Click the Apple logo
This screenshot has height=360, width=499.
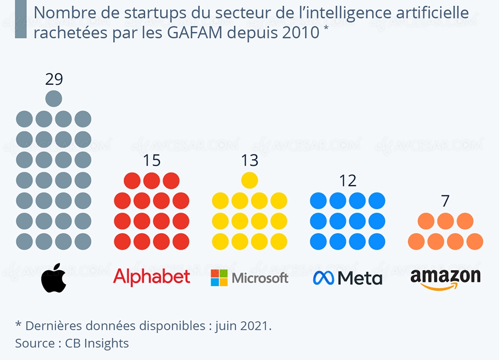(54, 278)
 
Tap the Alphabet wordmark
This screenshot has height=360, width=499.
(152, 277)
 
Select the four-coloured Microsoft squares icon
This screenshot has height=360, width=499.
(219, 278)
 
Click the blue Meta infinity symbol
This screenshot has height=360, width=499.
(323, 278)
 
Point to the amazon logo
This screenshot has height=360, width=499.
(445, 279)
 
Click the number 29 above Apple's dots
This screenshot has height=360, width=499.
(54, 79)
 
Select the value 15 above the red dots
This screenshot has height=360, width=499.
(152, 161)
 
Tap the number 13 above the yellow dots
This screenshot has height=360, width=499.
(249, 161)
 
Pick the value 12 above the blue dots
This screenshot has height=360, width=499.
(347, 180)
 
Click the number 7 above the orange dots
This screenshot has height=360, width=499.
(445, 201)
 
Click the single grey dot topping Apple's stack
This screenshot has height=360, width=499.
(54, 99)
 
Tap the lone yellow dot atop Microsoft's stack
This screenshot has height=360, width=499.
(249, 180)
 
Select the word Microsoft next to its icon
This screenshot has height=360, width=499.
(259, 278)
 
